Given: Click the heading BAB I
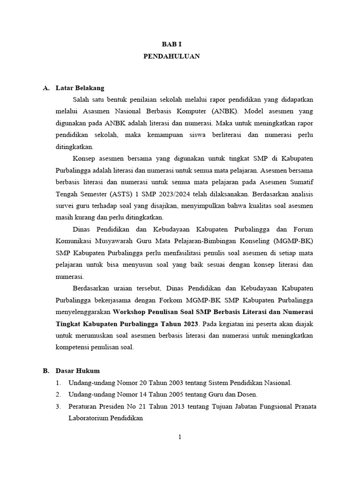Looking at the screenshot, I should coord(172,44).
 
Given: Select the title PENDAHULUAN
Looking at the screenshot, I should coord(172,56).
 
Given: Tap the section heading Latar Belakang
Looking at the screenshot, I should coord(80,88).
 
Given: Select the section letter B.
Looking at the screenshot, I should coord(46,371).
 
